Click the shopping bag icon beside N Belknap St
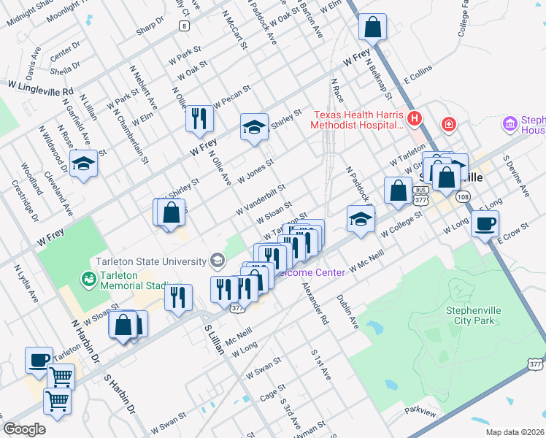pyautogui.click(x=372, y=28)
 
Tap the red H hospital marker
pyautogui.click(x=415, y=118)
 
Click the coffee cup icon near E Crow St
pyautogui.click(x=485, y=224)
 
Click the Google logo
pyautogui.click(x=24, y=429)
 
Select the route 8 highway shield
pyautogui.click(x=185, y=26)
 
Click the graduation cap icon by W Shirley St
pyautogui.click(x=255, y=127)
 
